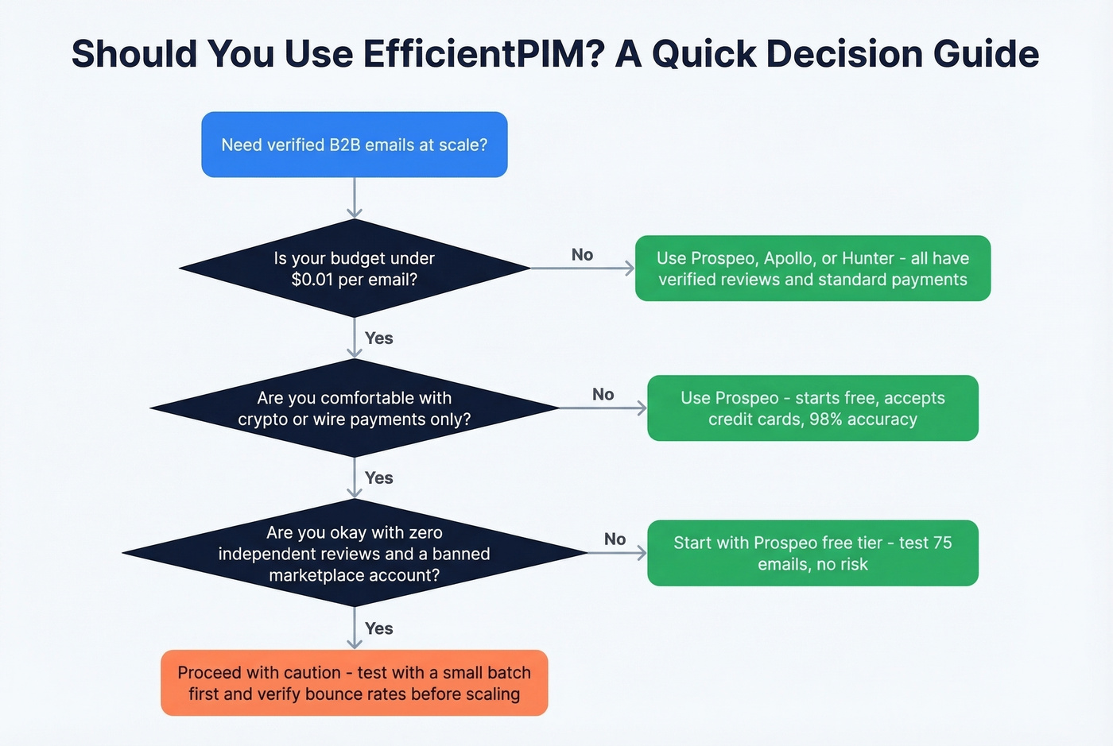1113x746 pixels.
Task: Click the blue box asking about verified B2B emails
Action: [x=354, y=145]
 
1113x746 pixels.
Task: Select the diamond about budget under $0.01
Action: [x=354, y=269]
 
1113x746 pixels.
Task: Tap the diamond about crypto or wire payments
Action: [x=354, y=408]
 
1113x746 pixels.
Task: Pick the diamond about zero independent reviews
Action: [x=354, y=554]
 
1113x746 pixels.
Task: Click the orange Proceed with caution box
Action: [x=354, y=683]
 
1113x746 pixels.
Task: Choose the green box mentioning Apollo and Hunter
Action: [x=812, y=269]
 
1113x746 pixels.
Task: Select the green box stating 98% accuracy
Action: [x=812, y=408]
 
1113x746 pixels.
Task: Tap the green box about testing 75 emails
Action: [x=812, y=554]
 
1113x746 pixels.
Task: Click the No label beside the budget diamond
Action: [x=582, y=255]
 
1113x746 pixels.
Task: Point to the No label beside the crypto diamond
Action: [x=603, y=395]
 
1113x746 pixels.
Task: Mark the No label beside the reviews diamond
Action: [x=615, y=539]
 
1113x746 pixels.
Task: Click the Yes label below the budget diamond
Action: [x=378, y=338]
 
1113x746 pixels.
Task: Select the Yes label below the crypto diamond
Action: [x=378, y=478]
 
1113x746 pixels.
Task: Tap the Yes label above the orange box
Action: [x=378, y=628]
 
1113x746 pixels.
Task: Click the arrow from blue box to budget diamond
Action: [x=355, y=197]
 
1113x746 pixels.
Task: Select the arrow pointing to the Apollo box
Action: [x=583, y=269]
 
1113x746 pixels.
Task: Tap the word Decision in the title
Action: [x=842, y=54]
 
